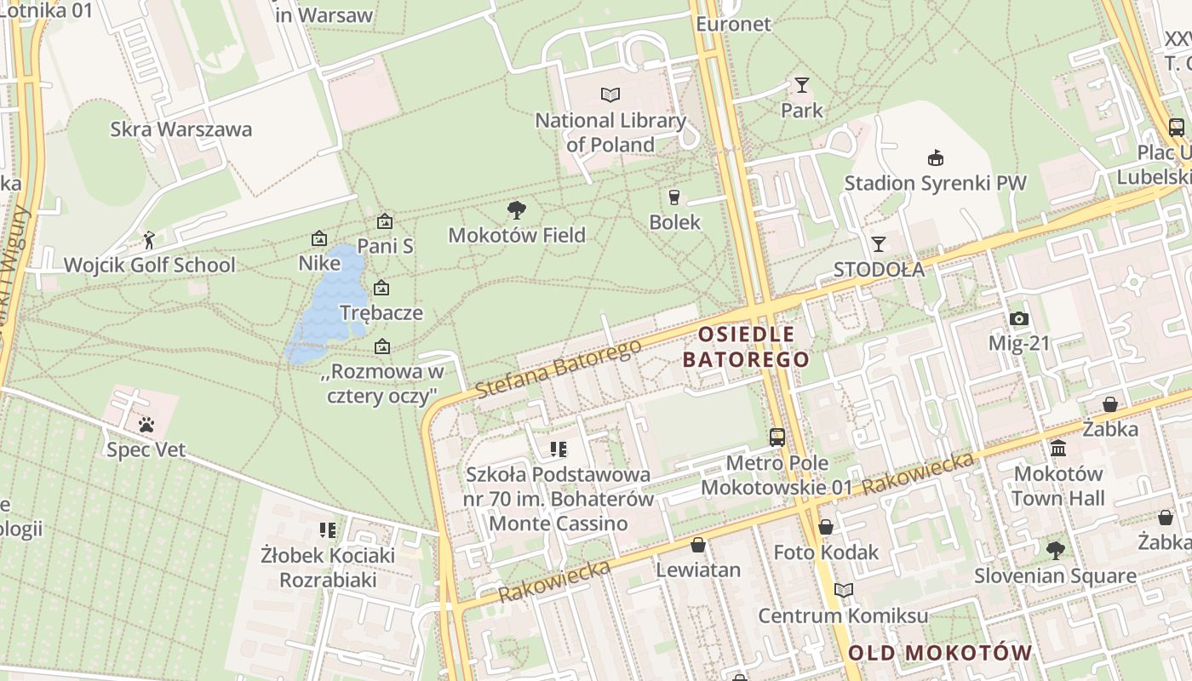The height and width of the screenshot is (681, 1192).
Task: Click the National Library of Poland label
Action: (x=610, y=132)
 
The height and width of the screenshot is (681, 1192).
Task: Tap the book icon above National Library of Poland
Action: (x=610, y=94)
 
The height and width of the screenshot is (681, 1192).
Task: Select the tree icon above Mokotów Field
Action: (x=516, y=209)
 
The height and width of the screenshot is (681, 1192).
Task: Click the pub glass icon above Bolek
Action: (x=674, y=197)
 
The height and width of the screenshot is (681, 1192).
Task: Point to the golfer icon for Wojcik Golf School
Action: (x=150, y=241)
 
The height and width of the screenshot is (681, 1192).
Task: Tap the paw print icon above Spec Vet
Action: (x=146, y=424)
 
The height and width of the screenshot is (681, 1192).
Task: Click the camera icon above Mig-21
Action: (x=1018, y=319)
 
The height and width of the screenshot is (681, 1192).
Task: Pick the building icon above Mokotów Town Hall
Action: (x=1058, y=448)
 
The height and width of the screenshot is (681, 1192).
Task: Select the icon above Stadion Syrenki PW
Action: (x=935, y=157)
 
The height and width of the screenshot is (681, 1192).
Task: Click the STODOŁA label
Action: (x=879, y=270)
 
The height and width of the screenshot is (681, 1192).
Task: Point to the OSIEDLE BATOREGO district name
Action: (x=746, y=346)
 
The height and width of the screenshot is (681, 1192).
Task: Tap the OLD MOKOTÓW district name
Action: (x=940, y=653)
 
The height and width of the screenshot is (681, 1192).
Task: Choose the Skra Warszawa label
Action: (x=181, y=129)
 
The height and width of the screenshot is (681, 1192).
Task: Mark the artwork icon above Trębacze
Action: (x=381, y=288)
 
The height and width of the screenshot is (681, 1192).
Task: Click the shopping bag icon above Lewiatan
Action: (x=698, y=545)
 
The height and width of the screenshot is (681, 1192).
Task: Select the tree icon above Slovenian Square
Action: (x=1056, y=551)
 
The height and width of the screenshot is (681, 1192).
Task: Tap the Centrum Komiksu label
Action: (x=843, y=615)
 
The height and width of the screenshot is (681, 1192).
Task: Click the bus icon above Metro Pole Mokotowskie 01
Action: (x=777, y=438)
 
